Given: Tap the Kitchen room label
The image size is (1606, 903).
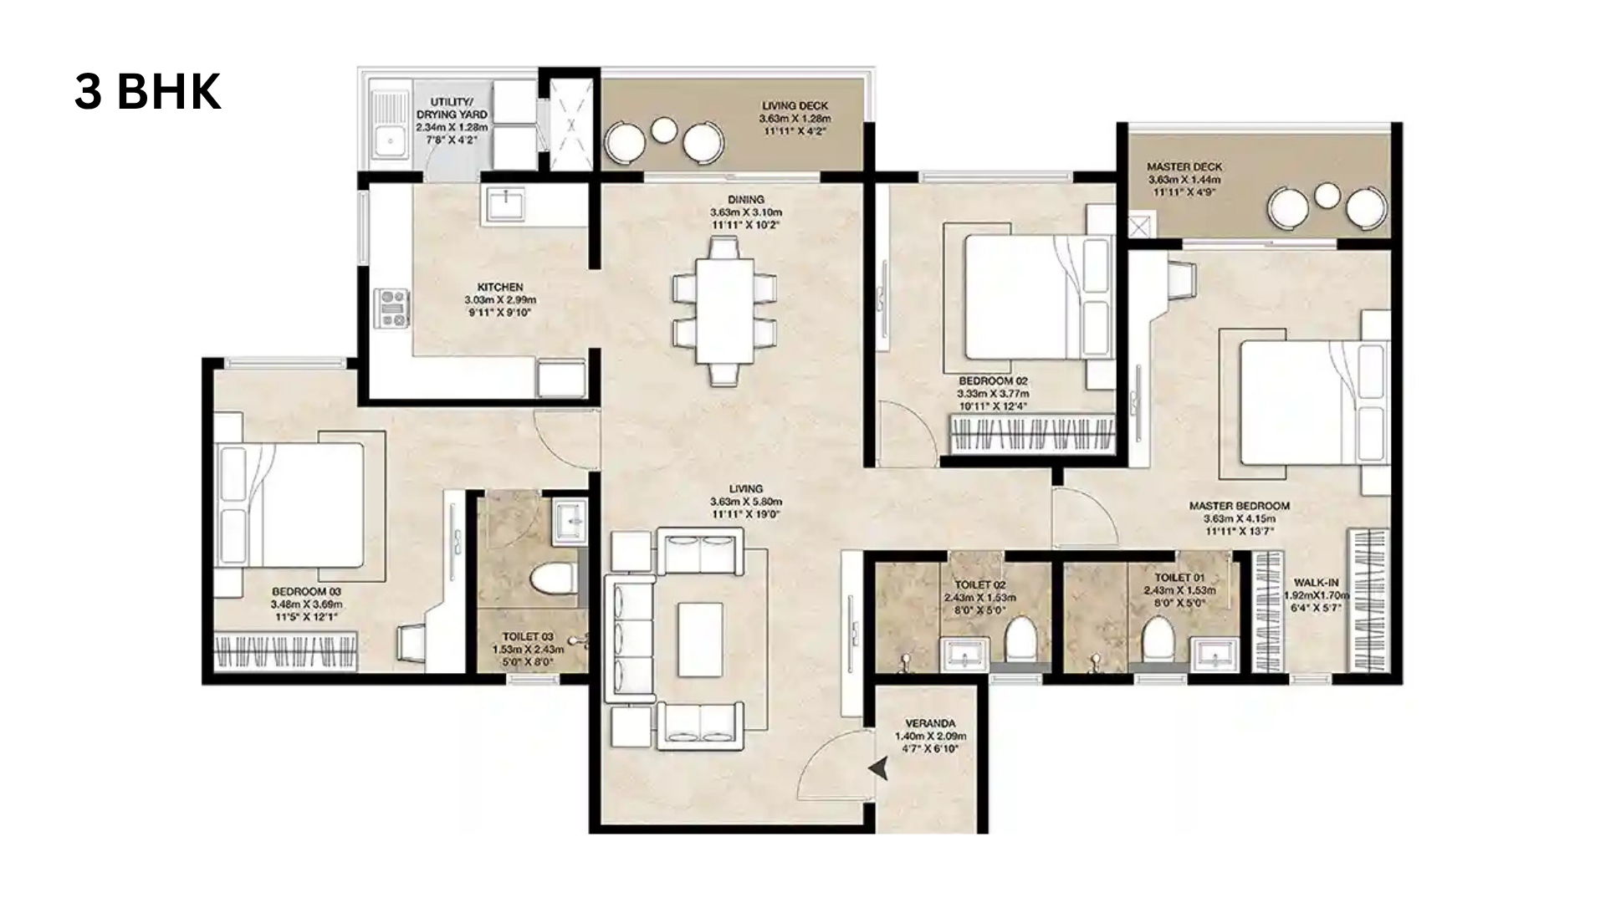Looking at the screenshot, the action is (500, 287).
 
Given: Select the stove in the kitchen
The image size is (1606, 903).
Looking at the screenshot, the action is (392, 308).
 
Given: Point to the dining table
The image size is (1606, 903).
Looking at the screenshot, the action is (724, 310).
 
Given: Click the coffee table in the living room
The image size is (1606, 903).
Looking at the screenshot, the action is (701, 639).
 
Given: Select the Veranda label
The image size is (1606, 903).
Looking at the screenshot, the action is (930, 723).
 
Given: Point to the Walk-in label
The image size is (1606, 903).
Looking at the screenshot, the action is (1316, 583).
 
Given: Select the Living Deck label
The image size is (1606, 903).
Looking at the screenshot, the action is (795, 106).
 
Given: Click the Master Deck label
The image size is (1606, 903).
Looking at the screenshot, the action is (1184, 167).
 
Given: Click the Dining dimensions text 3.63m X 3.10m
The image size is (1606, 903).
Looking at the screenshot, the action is (745, 212).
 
